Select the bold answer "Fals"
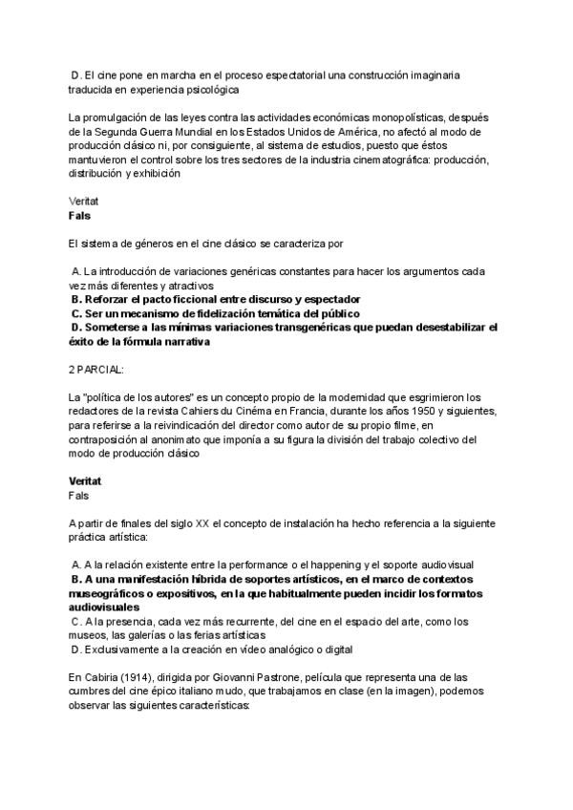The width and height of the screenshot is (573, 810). click(79, 217)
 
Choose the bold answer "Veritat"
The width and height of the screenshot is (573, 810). click(86, 481)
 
